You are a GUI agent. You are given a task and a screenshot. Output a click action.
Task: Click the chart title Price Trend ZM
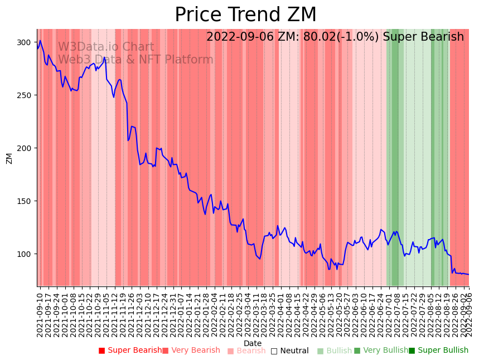[x=245, y=14]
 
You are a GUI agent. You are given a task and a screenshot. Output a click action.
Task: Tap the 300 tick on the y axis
[x=25, y=42]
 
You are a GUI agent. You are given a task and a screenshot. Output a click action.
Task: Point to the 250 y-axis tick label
[x=25, y=95]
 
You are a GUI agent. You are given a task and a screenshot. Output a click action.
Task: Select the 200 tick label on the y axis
[x=25, y=148]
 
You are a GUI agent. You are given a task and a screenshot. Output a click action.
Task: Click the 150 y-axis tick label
[x=25, y=201]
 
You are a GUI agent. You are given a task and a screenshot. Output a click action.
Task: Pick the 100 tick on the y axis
[x=25, y=254]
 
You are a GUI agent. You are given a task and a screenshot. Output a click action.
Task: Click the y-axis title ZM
[x=9, y=158]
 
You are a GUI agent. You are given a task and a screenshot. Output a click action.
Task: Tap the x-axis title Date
[x=253, y=343]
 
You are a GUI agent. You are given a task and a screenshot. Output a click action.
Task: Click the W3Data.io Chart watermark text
[x=106, y=47]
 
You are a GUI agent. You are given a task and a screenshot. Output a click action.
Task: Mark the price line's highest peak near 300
[x=40, y=41]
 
